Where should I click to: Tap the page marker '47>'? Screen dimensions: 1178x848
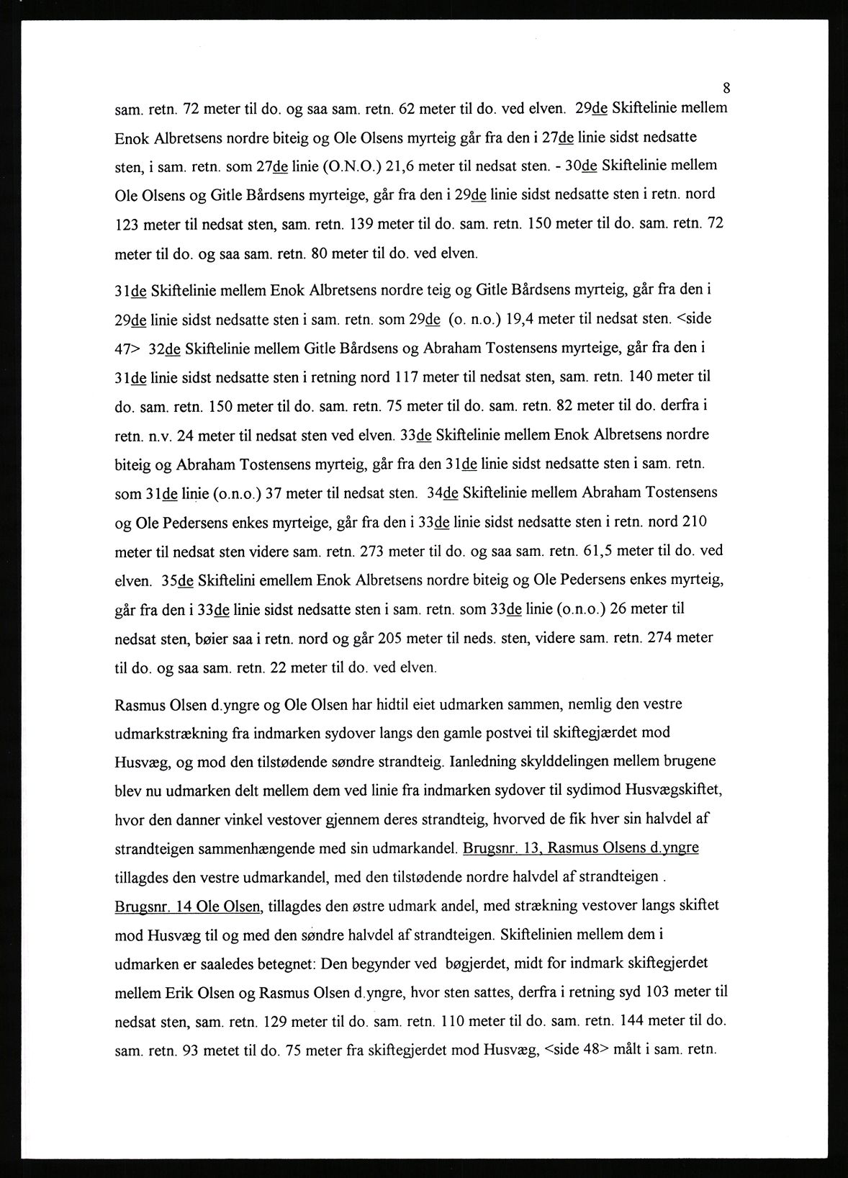128,347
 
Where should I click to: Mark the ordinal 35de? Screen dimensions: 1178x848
179,580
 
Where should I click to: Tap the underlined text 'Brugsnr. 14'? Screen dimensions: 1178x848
150,906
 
